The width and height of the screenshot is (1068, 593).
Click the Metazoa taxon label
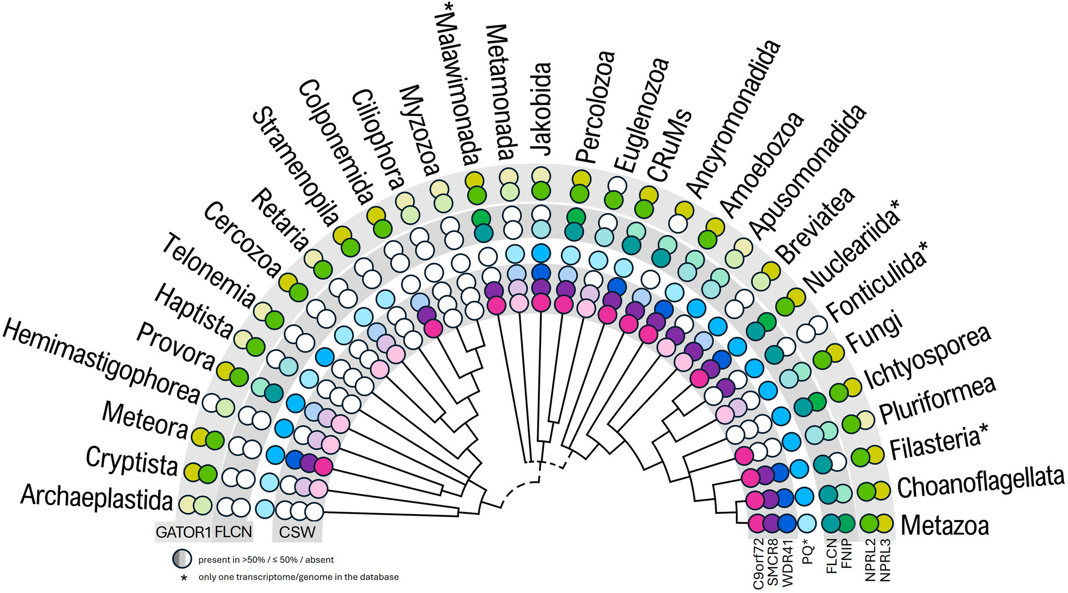point(945,525)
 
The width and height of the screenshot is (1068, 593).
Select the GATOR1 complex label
point(183,532)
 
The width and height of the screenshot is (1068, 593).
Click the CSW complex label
point(297,532)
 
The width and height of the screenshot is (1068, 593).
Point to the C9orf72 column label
point(758,563)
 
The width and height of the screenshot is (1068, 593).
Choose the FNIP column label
point(846,553)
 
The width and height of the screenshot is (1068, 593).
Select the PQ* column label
point(808,551)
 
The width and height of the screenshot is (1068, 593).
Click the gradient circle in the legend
point(182,559)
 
